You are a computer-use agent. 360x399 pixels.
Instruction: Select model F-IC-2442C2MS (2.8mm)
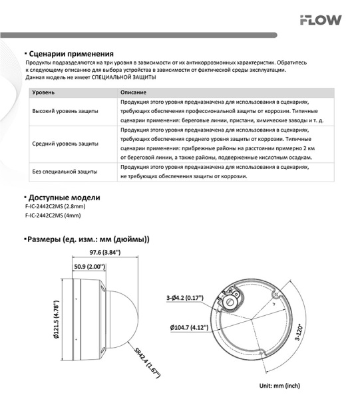tap(55, 207)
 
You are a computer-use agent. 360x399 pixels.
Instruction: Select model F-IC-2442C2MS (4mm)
tap(53, 216)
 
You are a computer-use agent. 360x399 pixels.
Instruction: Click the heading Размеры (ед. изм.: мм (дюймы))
tap(87, 239)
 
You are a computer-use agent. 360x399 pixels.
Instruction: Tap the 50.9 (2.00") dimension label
tap(87, 267)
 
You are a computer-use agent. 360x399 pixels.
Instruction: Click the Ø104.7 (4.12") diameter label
tap(190, 328)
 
